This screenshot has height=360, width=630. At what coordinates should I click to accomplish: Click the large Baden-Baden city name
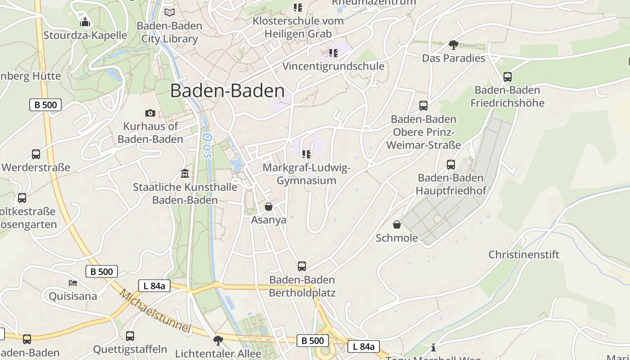tap(227, 91)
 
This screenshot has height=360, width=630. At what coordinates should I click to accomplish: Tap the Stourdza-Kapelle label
tap(85, 35)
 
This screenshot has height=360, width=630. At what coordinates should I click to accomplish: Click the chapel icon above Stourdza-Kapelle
tap(85, 21)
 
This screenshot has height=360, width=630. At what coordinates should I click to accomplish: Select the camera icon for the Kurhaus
tap(150, 113)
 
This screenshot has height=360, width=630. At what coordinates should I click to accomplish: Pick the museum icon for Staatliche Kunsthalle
tap(184, 173)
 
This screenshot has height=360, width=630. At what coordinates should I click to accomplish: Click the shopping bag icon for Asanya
tap(269, 207)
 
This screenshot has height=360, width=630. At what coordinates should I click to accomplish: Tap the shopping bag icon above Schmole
tap(397, 224)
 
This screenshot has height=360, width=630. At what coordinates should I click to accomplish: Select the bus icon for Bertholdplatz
tap(302, 266)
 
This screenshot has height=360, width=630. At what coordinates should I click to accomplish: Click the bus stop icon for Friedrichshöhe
tap(508, 76)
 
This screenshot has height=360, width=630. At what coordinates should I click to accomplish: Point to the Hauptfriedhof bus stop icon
tap(451, 164)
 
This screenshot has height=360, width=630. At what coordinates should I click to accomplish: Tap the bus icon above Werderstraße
tap(36, 154)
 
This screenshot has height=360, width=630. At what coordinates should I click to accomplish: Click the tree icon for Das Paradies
tap(453, 45)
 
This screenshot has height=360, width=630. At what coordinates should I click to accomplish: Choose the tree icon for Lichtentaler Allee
tap(218, 340)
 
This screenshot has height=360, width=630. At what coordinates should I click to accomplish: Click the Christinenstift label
tap(524, 255)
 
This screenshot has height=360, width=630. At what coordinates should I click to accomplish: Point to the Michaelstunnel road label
tap(155, 310)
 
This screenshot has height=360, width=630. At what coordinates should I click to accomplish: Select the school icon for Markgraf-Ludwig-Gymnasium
tap(306, 154)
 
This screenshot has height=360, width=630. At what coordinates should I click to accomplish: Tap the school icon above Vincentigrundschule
tap(333, 53)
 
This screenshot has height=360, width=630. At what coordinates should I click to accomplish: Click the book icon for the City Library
tap(169, 12)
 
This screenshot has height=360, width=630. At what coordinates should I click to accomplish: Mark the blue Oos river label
tap(207, 145)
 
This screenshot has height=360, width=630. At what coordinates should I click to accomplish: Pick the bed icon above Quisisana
tap(73, 283)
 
